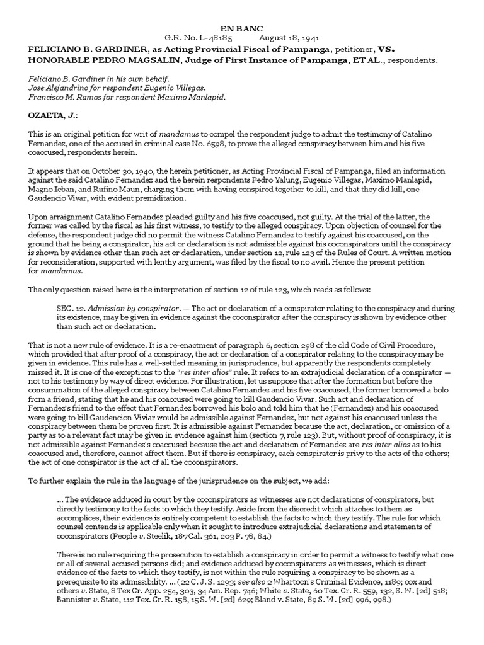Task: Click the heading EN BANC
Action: (x=241, y=28)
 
